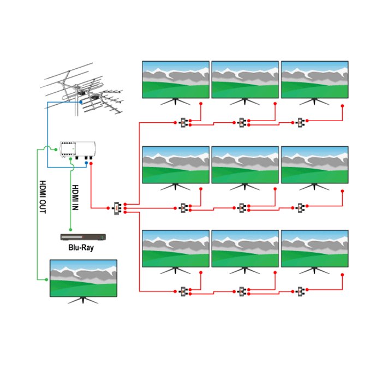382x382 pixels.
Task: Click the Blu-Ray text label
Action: (81, 248)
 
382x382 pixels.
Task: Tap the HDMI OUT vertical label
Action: (43, 197)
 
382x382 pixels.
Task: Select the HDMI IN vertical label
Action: (75, 198)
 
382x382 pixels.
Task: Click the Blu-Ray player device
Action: (83, 237)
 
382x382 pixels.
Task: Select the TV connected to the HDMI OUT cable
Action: (83, 282)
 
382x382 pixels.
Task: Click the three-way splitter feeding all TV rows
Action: (117, 208)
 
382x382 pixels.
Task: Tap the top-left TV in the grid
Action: (176, 83)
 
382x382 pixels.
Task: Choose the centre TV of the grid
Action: (245, 168)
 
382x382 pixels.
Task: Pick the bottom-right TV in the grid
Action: (314, 252)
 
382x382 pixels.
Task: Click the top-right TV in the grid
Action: (314, 83)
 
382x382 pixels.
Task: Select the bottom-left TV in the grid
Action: (176, 252)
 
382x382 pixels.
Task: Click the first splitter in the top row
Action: (183, 123)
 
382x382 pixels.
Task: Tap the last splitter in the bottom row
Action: (300, 291)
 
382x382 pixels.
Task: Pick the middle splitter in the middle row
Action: (242, 208)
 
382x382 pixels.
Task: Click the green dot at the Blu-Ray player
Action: (70, 230)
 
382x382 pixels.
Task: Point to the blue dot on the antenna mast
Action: (81, 102)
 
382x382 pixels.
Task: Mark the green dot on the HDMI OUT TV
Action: (46, 279)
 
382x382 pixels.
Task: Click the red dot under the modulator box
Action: (91, 164)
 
